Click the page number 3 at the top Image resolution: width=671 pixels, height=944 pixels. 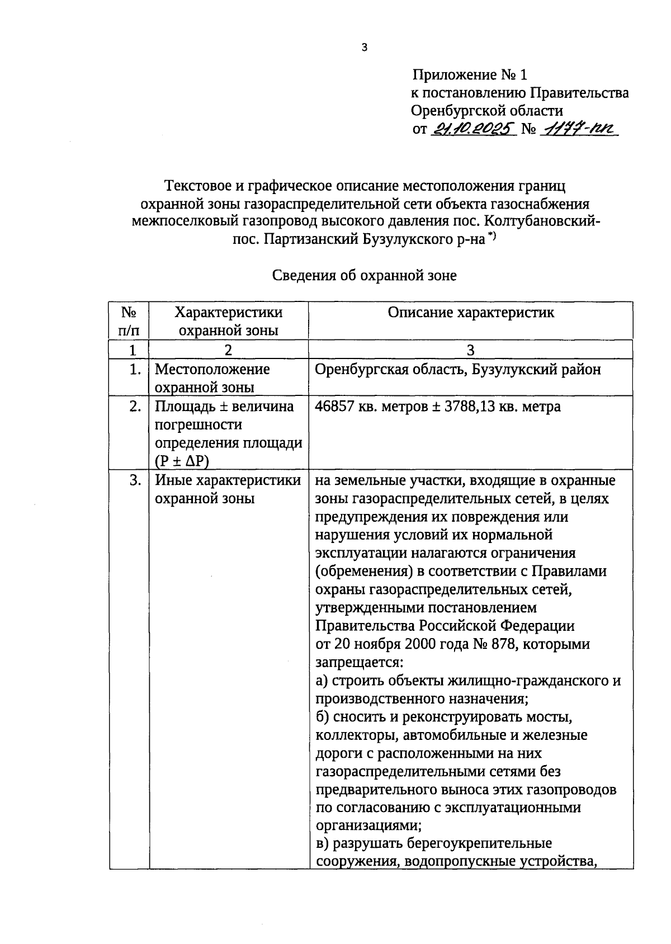pyautogui.click(x=364, y=48)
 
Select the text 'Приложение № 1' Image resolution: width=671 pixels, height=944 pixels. pyautogui.click(x=470, y=75)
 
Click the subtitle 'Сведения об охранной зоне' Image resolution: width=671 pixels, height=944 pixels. pyautogui.click(x=364, y=276)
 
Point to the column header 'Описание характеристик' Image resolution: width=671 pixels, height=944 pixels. pyautogui.click(x=471, y=313)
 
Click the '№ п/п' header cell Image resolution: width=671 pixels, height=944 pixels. pyautogui.click(x=129, y=321)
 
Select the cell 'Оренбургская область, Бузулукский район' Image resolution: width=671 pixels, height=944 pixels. pyautogui.click(x=458, y=370)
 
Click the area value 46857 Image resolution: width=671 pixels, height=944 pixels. pyautogui.click(x=334, y=407)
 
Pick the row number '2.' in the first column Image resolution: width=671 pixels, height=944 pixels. pyautogui.click(x=135, y=407)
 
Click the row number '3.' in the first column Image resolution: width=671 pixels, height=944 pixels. pyautogui.click(x=135, y=480)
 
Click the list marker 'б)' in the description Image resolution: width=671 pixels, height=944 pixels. pyautogui.click(x=323, y=718)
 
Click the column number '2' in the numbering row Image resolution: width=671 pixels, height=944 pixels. pyautogui.click(x=228, y=350)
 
